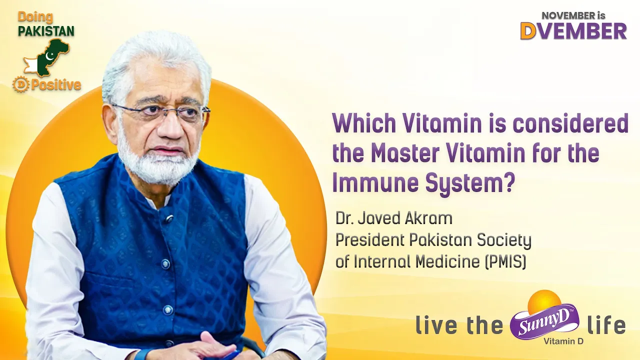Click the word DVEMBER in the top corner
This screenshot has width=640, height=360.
point(573,31)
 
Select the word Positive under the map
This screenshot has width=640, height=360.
point(55,85)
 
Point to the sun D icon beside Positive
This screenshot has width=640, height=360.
point(21,85)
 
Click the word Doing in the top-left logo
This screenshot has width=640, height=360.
point(35,17)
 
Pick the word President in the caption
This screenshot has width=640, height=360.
point(369,240)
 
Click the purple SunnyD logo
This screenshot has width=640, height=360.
point(544,322)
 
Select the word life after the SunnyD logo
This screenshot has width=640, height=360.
point(606,326)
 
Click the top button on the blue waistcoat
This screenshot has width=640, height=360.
point(168,219)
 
